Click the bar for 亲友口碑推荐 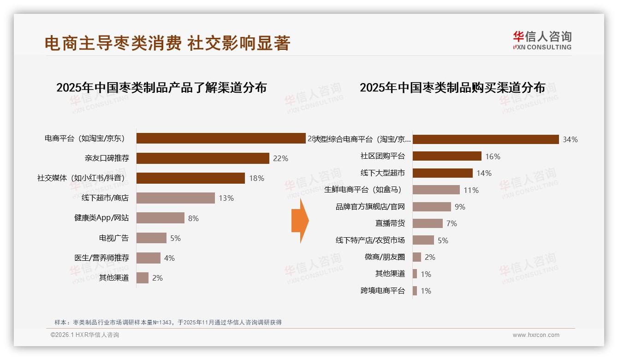[203, 158]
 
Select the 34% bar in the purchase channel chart [486, 139]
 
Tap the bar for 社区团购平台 [447, 156]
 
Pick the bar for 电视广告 [151, 238]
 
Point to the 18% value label [256, 178]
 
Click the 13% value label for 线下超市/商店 [226, 198]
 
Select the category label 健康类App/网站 [101, 218]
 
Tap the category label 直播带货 [390, 223]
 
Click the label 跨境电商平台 [382, 291]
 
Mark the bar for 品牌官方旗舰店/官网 [432, 207]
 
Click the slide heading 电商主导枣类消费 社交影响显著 [167, 43]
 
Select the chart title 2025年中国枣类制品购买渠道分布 [452, 87]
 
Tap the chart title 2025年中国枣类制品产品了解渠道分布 [161, 87]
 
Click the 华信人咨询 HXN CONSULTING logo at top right [542, 41]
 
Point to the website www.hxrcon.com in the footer [536, 335]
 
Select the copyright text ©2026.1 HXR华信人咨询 [85, 335]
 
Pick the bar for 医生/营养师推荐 [149, 258]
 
